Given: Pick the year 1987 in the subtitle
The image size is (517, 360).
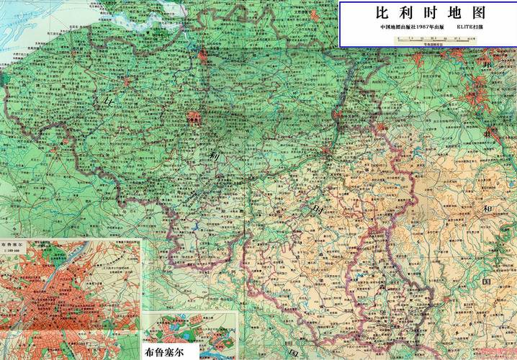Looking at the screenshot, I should [425, 28].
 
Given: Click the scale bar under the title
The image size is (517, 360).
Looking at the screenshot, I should [432, 40].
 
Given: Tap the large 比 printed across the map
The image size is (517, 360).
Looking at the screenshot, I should [109, 102].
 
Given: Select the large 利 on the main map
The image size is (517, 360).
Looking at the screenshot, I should [214, 156].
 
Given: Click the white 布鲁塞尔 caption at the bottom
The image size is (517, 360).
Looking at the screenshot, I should [169, 351].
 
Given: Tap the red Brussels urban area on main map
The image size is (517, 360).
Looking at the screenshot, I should [193, 117].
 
